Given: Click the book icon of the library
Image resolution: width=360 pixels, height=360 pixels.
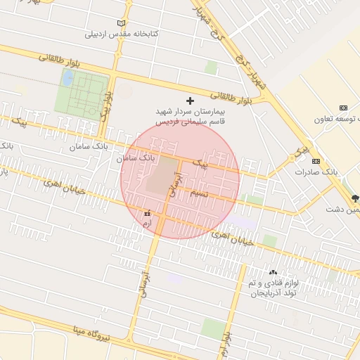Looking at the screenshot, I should pos(124,24).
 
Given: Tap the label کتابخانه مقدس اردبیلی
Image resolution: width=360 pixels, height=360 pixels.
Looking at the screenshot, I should pos(121,34).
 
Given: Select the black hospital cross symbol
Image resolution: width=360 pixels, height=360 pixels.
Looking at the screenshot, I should pos(190,101).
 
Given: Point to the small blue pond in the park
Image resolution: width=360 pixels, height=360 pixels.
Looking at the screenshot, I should pos(67,78).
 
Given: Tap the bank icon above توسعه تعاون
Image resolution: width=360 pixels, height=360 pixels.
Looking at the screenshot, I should pos(343,108).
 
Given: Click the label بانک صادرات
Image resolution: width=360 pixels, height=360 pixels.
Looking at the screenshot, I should pos(317,172).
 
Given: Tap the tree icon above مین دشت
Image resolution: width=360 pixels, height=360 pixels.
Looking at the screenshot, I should pos(355,199).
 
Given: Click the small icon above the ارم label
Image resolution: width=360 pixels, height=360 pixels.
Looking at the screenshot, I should pos(147,212).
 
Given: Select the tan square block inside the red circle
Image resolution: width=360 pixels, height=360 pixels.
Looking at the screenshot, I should pos(162,174).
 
